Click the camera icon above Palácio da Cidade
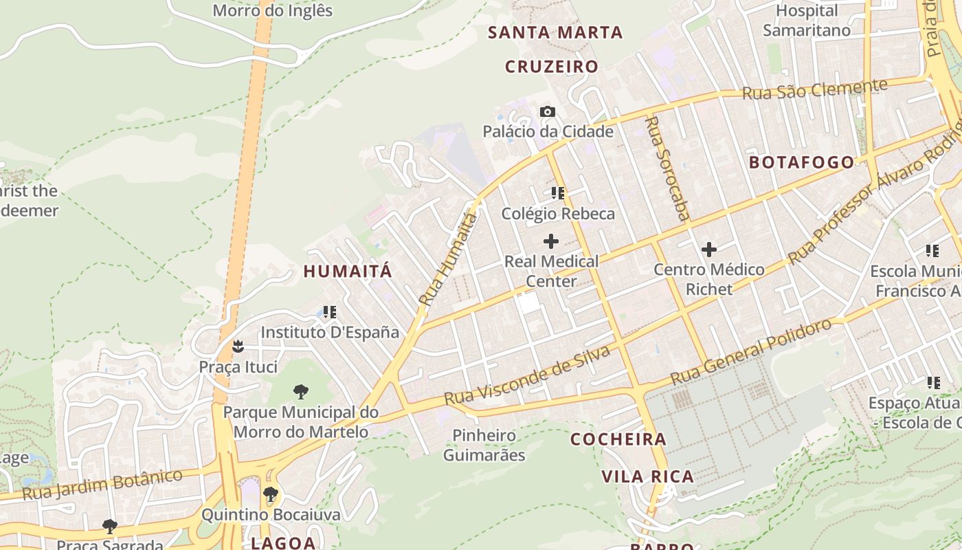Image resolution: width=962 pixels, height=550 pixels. coord(548,111)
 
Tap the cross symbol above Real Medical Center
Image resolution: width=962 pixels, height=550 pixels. coord(551,241)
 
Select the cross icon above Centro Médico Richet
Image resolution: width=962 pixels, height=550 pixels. coord(709,250)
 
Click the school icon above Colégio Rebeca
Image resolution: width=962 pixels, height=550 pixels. coord(558,193)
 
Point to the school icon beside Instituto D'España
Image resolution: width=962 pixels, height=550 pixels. coord(330,312)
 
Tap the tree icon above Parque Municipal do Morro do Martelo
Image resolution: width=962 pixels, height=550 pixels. coord(300,392)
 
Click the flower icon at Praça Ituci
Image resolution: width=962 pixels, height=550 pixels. coord(238,346)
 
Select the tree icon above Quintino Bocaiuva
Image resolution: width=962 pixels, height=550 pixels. coord(271,494)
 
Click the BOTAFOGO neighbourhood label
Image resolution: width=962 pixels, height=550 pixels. coord(801,163)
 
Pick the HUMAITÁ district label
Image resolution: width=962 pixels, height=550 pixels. coord(348,272)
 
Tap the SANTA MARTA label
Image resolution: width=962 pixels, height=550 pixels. coord(555,32)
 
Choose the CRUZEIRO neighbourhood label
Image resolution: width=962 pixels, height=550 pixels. coord(552,67)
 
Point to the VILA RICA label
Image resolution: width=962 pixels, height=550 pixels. coord(648,476)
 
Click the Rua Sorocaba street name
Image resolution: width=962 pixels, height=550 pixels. coord(667,168)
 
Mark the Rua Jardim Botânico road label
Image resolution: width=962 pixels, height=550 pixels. coord(102,484)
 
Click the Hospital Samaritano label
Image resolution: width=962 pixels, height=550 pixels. coord(807,21)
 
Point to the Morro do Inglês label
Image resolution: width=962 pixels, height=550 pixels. coord(273,11)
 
